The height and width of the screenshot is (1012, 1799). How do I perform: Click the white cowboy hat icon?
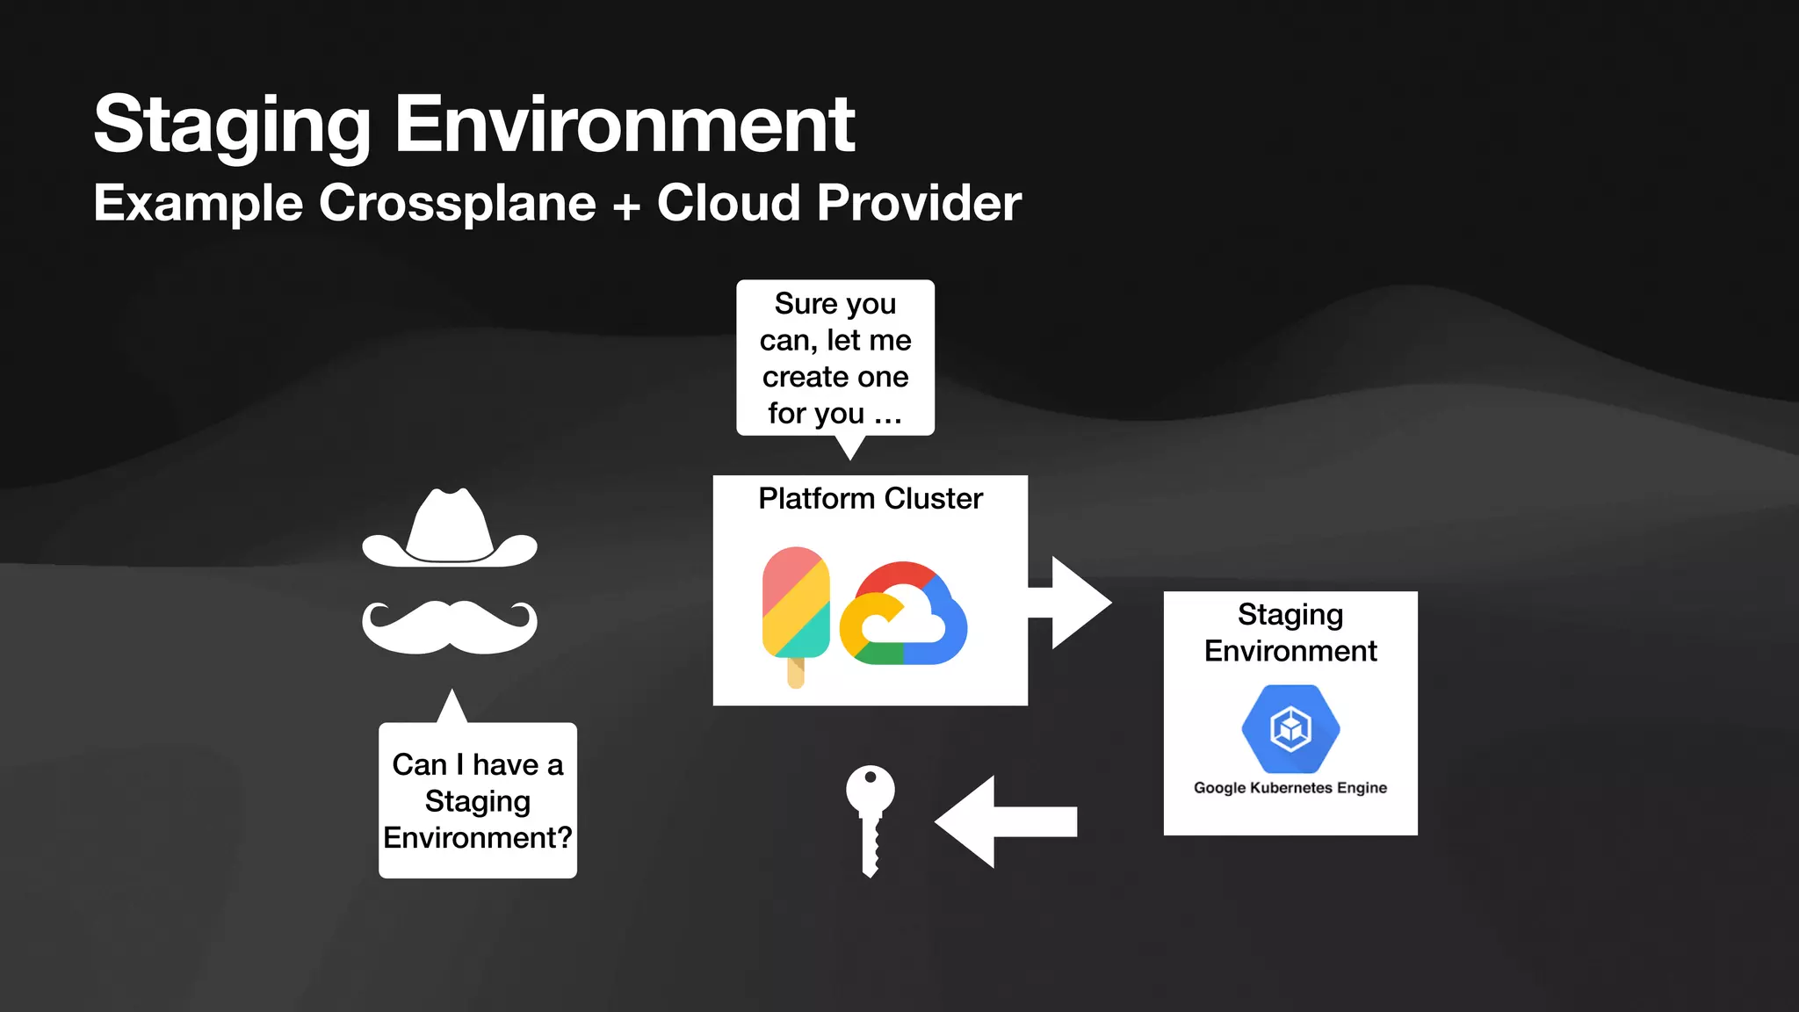point(450,530)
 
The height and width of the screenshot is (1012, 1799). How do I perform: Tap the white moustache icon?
point(450,627)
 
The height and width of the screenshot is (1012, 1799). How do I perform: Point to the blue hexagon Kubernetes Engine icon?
point(1290,728)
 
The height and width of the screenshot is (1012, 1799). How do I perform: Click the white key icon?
point(870,817)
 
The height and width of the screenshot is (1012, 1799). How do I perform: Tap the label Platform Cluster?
point(870,498)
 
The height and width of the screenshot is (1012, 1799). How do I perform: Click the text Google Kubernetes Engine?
point(1290,788)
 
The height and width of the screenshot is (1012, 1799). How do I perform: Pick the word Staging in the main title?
point(233,126)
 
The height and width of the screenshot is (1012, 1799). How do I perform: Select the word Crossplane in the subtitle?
point(457,203)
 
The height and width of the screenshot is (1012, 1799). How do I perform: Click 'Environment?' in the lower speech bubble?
point(477,837)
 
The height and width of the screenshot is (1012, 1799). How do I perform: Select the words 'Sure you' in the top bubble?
point(834,304)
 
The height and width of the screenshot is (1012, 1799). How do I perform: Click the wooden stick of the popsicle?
point(796,673)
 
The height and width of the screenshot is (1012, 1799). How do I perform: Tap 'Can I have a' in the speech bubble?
point(477,764)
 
